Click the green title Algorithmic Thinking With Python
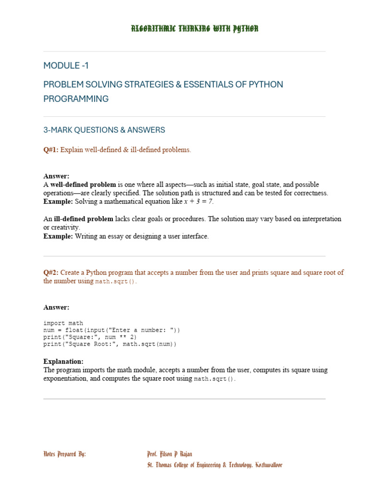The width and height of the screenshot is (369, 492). (195, 29)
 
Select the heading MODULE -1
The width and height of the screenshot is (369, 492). (66, 66)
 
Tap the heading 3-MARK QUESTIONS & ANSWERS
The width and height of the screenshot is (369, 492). (104, 130)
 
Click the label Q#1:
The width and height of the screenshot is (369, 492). (51, 150)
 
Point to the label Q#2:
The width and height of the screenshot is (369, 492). (51, 272)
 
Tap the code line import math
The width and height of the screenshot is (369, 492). (63, 323)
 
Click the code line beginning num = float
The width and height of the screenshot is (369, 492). (111, 330)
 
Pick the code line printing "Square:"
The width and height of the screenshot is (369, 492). (90, 337)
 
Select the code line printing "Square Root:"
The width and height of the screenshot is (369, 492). (110, 344)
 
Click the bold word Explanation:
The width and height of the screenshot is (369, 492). (63, 361)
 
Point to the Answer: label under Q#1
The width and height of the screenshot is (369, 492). (56, 176)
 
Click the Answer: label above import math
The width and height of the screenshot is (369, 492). (56, 307)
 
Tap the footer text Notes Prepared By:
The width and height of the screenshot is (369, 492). (65, 454)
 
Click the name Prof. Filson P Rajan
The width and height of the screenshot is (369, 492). (170, 454)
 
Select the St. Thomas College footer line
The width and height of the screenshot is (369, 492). (214, 465)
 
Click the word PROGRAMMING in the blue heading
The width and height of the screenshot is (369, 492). (76, 99)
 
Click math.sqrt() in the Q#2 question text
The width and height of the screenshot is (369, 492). (115, 282)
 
